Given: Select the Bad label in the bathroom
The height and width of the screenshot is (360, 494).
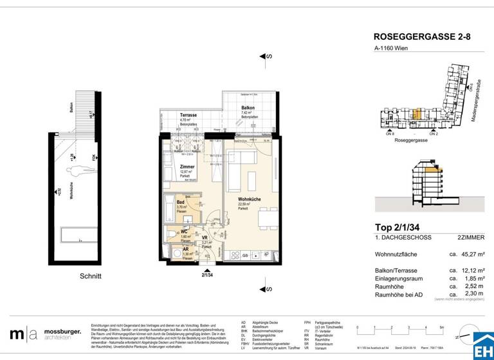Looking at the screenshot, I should [181, 202].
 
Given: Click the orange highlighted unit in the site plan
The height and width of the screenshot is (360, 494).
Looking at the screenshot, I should [416, 115].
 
